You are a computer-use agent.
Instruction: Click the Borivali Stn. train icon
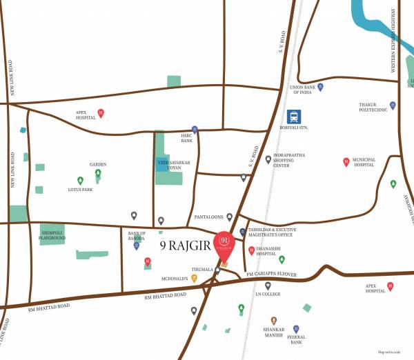[x=293, y=117]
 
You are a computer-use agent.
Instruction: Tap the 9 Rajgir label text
[x=186, y=243]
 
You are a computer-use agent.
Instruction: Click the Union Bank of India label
[x=306, y=90]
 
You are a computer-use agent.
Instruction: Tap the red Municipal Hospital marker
[x=346, y=163]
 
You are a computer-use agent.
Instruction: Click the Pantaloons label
[x=208, y=217]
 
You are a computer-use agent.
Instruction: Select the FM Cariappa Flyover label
[x=271, y=274]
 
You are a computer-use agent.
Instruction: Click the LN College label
[x=267, y=296]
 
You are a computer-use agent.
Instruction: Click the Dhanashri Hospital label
[x=271, y=252]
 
